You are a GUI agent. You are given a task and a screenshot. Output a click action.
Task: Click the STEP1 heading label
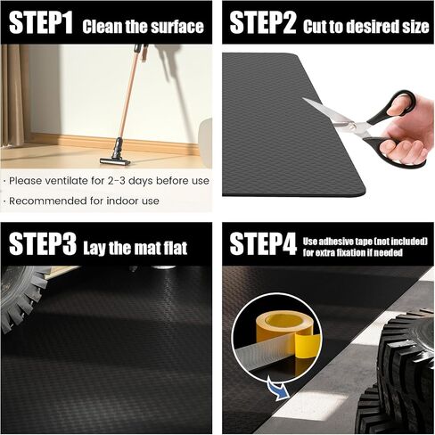point(41,23)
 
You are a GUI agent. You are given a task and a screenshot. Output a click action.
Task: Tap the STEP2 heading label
point(263,23)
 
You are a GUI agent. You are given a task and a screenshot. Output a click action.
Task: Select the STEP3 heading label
point(43,243)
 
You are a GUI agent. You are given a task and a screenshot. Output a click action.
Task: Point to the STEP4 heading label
point(263,243)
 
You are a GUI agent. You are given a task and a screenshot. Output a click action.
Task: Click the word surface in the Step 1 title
point(177,27)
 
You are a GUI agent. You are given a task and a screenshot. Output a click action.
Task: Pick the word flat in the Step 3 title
point(176,248)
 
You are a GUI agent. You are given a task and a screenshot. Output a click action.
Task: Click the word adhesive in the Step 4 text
point(336,242)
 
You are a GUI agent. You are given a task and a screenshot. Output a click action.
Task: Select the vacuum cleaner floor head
point(115,161)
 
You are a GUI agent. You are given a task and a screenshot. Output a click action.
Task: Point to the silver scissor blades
point(336,118)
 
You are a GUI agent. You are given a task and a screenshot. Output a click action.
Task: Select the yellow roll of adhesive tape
point(286,328)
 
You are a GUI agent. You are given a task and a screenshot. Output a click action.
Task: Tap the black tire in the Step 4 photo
point(398,372)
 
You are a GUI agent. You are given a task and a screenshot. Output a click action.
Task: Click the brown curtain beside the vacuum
point(15,95)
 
